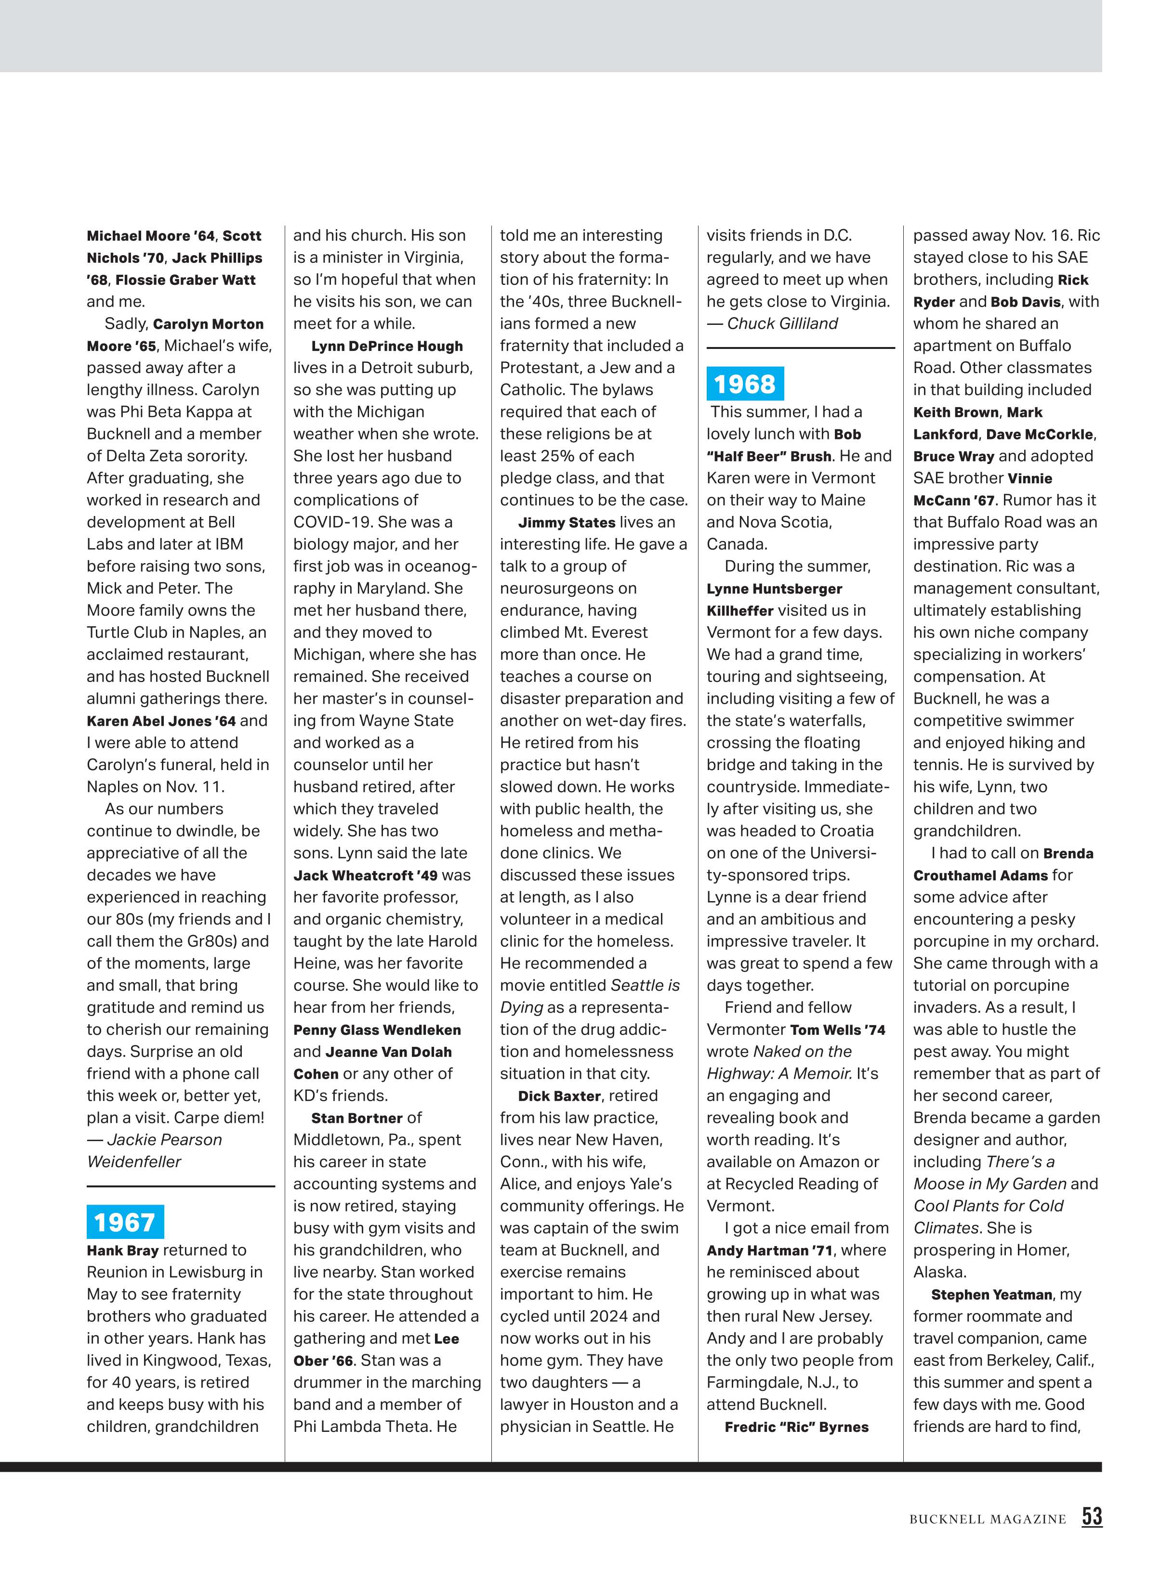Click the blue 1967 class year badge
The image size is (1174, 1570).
tap(124, 1222)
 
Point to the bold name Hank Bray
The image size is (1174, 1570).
tap(122, 1250)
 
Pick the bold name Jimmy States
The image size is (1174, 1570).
tap(566, 522)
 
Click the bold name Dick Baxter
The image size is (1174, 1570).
tap(559, 1096)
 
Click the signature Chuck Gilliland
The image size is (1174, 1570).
tap(782, 323)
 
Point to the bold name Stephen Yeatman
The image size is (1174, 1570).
tap(991, 1295)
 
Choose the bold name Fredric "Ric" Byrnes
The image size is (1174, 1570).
tap(796, 1427)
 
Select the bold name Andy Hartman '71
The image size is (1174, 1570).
tap(768, 1250)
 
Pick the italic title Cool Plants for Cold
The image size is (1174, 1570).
tap(988, 1206)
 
